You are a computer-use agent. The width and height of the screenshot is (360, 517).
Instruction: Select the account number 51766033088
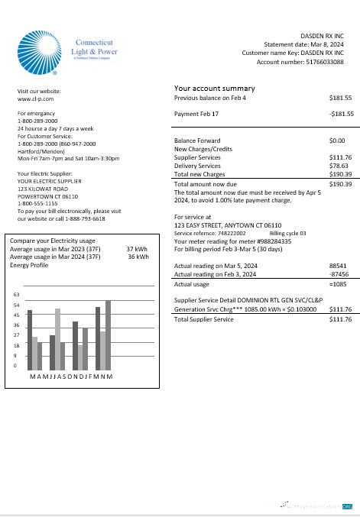(x=322, y=62)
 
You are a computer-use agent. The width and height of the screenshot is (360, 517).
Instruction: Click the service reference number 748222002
(x=232, y=233)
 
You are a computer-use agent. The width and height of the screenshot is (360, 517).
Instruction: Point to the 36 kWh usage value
(x=138, y=257)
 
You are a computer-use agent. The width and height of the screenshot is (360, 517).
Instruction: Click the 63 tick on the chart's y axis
(x=17, y=295)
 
